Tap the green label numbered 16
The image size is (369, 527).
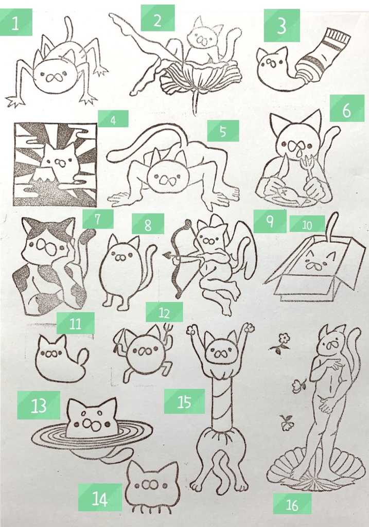tap(292, 504)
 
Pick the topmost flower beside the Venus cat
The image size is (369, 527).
tap(283, 340)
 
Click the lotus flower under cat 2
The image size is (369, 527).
tap(201, 77)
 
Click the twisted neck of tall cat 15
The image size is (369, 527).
tap(220, 401)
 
